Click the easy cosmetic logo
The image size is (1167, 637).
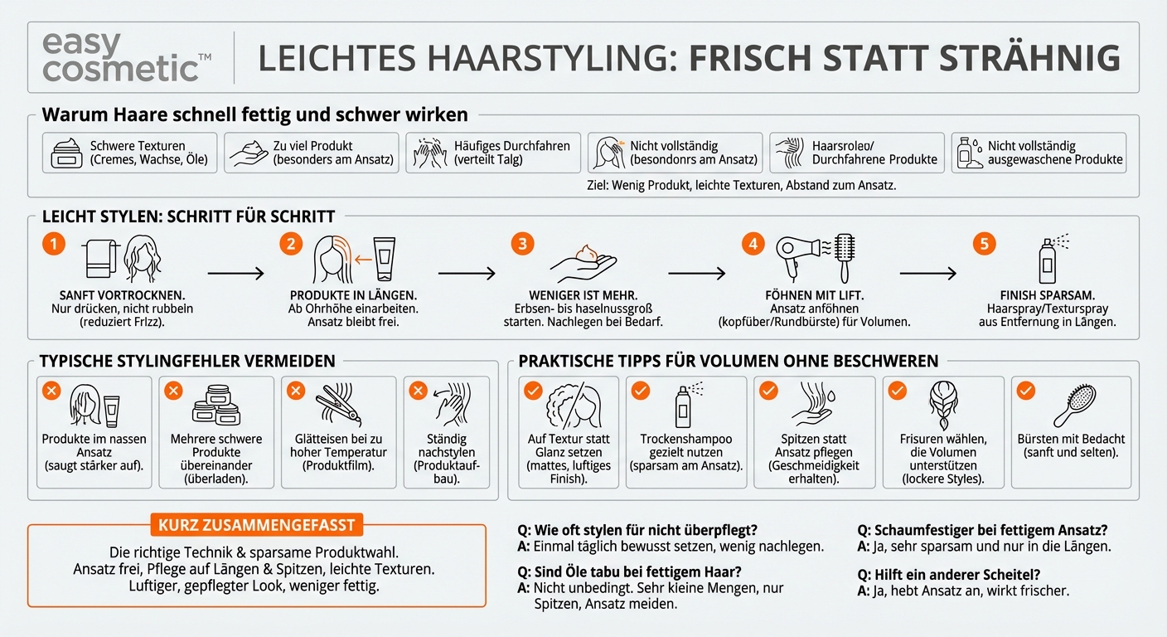(x=127, y=57)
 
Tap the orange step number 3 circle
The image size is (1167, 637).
(x=522, y=243)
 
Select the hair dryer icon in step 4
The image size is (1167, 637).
(x=797, y=257)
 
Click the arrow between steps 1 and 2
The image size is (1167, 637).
(x=235, y=273)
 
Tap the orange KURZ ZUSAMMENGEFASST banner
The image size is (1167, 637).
(x=257, y=525)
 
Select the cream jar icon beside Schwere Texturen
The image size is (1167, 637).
(x=66, y=153)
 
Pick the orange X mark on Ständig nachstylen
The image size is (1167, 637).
(x=418, y=391)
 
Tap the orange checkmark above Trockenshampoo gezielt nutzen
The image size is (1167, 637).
(x=641, y=391)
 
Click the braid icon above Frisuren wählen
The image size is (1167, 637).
(x=943, y=405)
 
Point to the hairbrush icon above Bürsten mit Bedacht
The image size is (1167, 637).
(x=1074, y=405)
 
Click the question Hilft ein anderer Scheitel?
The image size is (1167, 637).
(x=949, y=575)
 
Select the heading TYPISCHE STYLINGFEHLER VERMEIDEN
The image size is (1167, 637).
(x=187, y=361)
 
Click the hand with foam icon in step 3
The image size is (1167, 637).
(x=583, y=263)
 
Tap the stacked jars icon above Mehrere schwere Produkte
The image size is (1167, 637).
(x=216, y=405)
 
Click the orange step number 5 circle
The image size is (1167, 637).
(x=984, y=243)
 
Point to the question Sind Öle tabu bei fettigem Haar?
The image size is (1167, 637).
(x=629, y=571)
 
